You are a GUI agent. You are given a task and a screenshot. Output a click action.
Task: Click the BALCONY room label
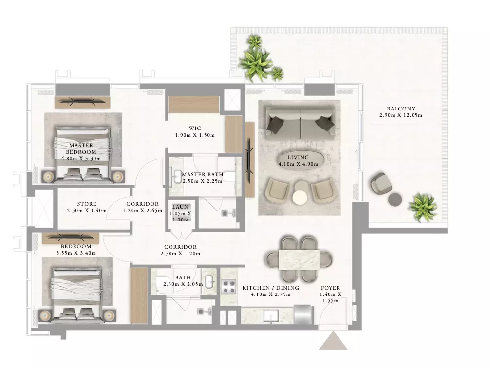401,109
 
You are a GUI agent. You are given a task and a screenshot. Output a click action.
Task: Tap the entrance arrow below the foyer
333,341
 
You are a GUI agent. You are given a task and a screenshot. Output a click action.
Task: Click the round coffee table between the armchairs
300,197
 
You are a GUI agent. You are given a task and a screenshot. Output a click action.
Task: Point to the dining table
299,259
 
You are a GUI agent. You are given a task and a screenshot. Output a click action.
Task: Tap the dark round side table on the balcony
395,199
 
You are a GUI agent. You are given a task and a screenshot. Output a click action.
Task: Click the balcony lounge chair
381,183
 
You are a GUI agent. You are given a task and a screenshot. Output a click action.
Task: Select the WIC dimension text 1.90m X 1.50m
195,135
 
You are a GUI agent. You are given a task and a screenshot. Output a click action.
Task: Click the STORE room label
87,204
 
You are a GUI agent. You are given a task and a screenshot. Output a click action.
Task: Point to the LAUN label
180,207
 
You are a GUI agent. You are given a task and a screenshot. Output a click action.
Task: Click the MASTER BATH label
203,174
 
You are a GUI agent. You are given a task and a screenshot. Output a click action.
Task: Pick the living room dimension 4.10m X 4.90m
299,164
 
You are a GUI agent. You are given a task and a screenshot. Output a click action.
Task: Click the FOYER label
330,288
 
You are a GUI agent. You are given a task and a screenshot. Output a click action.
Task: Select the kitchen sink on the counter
271,316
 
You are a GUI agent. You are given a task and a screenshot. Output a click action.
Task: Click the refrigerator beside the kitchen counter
302,314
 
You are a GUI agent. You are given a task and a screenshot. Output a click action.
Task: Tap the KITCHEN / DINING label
271,288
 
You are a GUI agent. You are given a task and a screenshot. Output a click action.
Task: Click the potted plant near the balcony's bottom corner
422,207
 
